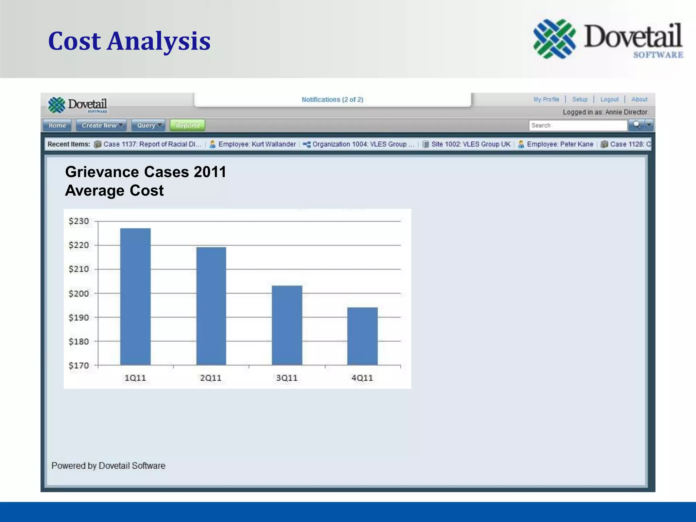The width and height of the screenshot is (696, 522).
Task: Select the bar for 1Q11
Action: click(135, 296)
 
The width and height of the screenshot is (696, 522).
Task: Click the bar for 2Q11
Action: click(211, 306)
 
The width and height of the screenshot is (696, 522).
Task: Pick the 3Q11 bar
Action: click(287, 325)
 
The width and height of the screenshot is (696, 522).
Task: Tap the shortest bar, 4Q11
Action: click(362, 336)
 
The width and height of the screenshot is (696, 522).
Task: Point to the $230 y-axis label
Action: click(79, 221)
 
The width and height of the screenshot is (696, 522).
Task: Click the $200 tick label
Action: click(79, 293)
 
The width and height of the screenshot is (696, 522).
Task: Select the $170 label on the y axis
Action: click(79, 366)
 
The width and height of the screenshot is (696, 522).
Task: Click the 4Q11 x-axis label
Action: click(362, 378)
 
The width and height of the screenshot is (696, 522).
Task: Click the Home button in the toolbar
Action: click(57, 125)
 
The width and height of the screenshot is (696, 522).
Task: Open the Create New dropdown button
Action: click(101, 125)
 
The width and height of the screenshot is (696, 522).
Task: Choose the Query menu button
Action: click(149, 125)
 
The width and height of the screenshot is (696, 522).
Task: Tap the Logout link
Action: click(609, 99)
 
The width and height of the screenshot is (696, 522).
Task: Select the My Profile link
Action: click(546, 99)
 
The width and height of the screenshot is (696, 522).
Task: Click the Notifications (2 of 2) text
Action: click(332, 100)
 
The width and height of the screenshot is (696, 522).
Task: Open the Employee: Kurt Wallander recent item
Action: click(257, 144)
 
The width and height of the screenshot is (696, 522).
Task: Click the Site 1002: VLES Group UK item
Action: click(470, 144)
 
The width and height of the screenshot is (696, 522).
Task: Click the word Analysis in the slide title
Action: click(159, 41)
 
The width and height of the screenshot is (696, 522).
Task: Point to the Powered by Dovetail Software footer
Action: click(108, 466)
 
